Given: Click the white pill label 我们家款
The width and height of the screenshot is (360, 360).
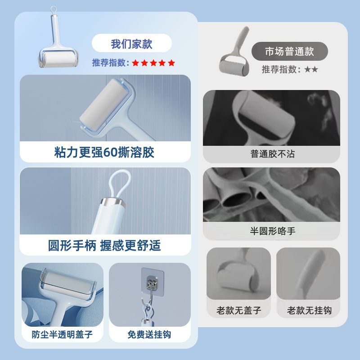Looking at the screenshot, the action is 131,43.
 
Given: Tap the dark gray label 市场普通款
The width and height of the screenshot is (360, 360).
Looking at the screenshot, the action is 289,51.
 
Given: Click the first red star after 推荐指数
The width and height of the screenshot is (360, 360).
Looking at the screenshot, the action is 136,63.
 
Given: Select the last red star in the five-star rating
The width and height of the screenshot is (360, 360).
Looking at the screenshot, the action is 171,63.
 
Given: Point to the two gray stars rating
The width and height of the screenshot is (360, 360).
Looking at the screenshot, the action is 311,69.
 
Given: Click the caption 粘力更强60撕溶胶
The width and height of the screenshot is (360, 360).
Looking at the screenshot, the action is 104,152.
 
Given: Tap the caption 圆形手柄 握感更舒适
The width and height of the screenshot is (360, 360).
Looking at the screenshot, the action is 104,245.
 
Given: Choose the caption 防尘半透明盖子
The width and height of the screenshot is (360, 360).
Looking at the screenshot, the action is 62,334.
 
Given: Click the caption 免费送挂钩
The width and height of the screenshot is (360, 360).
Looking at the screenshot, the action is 149,334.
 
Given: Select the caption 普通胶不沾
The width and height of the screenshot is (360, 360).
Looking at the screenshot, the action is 273,154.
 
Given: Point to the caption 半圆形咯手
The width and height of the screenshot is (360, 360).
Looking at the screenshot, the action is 273,231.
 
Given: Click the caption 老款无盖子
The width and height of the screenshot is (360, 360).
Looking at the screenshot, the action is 239,310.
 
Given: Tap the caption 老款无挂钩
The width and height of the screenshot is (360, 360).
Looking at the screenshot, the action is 309,310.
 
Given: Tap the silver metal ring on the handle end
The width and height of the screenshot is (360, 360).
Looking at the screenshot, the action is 113,202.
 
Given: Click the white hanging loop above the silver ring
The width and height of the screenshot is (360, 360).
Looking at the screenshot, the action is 120,184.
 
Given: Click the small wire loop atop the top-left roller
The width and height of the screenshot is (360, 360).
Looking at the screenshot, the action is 53,10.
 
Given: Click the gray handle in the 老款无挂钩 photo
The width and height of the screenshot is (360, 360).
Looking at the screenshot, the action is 310,273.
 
